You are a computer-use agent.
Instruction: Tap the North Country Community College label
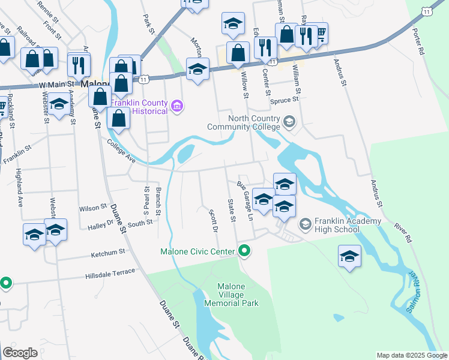pyautogui.click(x=244, y=122)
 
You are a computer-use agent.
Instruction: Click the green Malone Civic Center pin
pyautogui.click(x=244, y=251)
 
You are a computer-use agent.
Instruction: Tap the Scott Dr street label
pyautogui.click(x=212, y=221)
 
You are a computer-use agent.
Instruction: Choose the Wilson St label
pyautogui.click(x=92, y=208)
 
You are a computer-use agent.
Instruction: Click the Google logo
pyautogui.click(x=20, y=353)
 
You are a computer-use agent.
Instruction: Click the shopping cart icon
pyautogui.click(x=319, y=34)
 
